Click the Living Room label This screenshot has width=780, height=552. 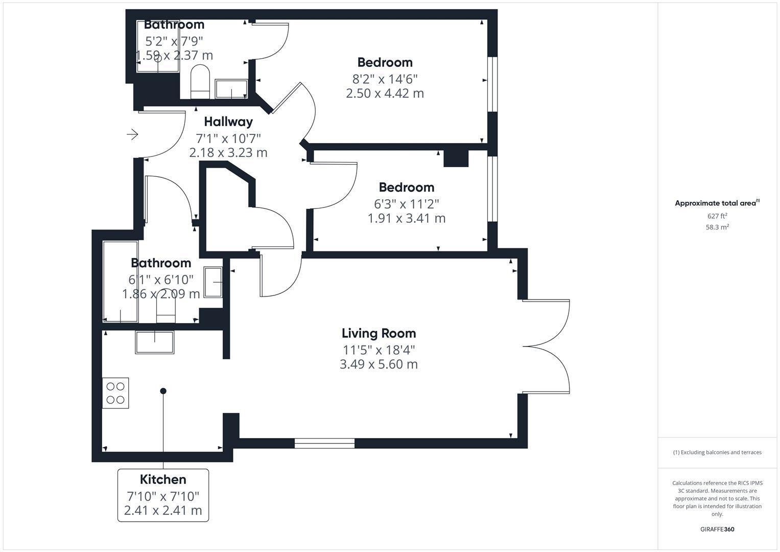pos(379,333)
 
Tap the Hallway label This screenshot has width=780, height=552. pos(228,122)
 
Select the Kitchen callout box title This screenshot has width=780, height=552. pos(163,479)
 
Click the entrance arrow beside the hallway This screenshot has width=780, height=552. pos(132,134)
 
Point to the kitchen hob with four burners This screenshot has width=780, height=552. pos(115,393)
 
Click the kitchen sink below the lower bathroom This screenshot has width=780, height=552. pos(154,342)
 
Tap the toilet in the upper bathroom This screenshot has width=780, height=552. pos(200,81)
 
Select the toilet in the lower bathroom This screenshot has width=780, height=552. pos(166,310)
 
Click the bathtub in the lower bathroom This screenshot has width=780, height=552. pos(121,281)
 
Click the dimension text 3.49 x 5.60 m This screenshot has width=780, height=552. pos(379,364)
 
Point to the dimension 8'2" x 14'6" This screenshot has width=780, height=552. pos(385,79)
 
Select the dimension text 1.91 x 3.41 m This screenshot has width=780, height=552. pos(406,219)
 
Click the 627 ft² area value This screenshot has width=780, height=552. pos(717,216)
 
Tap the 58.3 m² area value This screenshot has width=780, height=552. pos(717,227)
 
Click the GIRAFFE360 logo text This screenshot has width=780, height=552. pos(717,530)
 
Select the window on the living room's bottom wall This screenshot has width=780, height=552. pos(324,444)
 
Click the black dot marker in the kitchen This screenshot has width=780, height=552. pos(163,391)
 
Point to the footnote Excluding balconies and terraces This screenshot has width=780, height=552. pos(717,452)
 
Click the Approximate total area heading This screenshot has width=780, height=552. pos(717,203)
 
